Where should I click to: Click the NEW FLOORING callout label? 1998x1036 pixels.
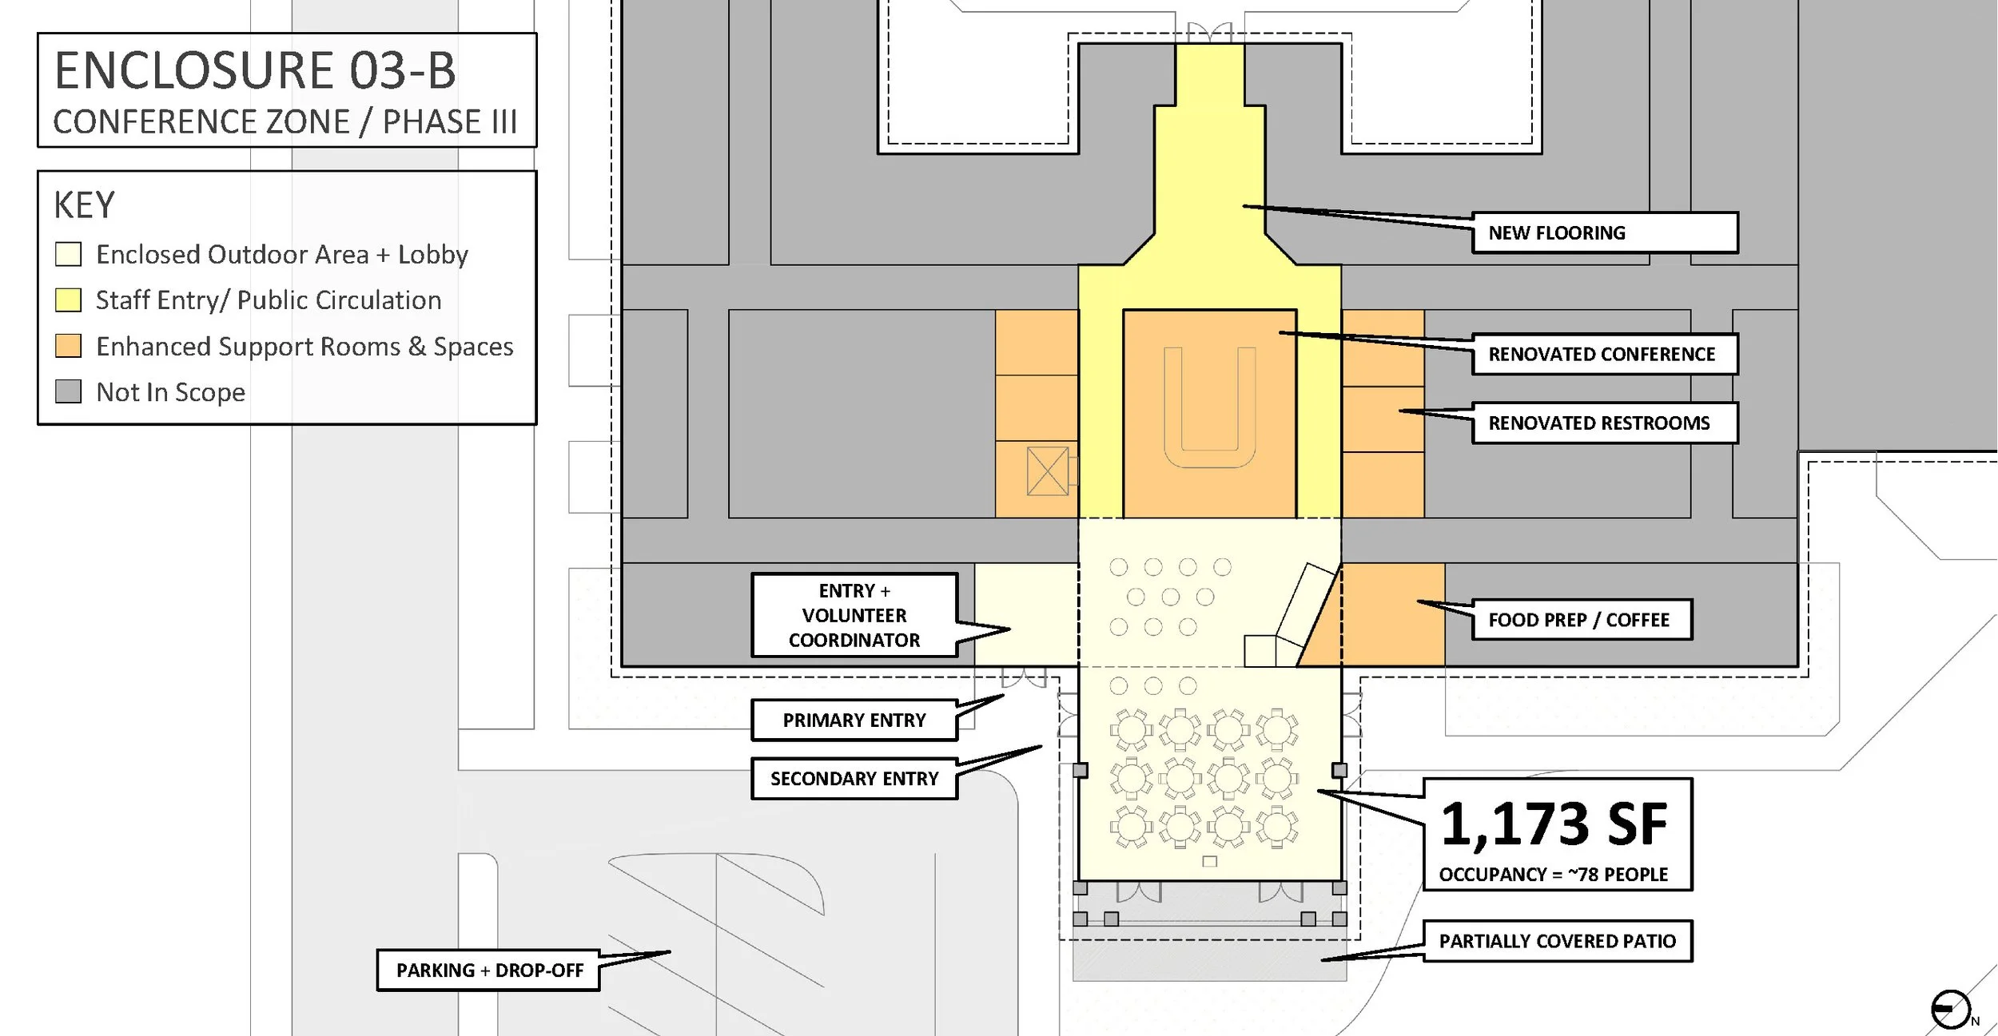(1604, 232)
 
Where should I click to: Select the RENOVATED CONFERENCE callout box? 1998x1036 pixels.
(1604, 354)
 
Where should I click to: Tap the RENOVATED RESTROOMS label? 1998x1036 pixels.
(1604, 423)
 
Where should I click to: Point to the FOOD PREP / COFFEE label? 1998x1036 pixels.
(1582, 620)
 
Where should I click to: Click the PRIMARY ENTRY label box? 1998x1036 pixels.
(854, 720)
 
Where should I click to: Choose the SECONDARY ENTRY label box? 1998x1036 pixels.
(854, 779)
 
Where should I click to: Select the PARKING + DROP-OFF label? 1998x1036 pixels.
(489, 971)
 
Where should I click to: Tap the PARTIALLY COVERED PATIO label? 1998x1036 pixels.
(1557, 941)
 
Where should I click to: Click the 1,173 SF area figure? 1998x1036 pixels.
(1554, 824)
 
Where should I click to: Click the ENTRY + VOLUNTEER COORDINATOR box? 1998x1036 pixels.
(854, 615)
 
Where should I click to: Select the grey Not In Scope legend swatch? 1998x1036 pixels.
(69, 391)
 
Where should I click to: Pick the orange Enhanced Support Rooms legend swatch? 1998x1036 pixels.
(69, 346)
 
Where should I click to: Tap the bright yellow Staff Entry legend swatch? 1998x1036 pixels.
(69, 300)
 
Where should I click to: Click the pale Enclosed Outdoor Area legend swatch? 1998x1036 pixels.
(69, 254)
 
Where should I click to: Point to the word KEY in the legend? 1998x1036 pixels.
(84, 205)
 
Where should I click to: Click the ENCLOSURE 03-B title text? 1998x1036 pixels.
(255, 70)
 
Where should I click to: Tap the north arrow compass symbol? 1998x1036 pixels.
(1950, 1010)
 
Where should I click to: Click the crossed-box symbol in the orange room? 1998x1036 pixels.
(1047, 471)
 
